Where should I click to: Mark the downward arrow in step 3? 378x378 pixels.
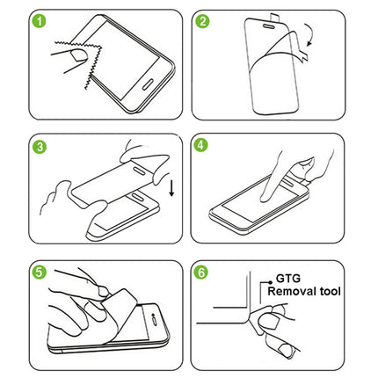(170, 185)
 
